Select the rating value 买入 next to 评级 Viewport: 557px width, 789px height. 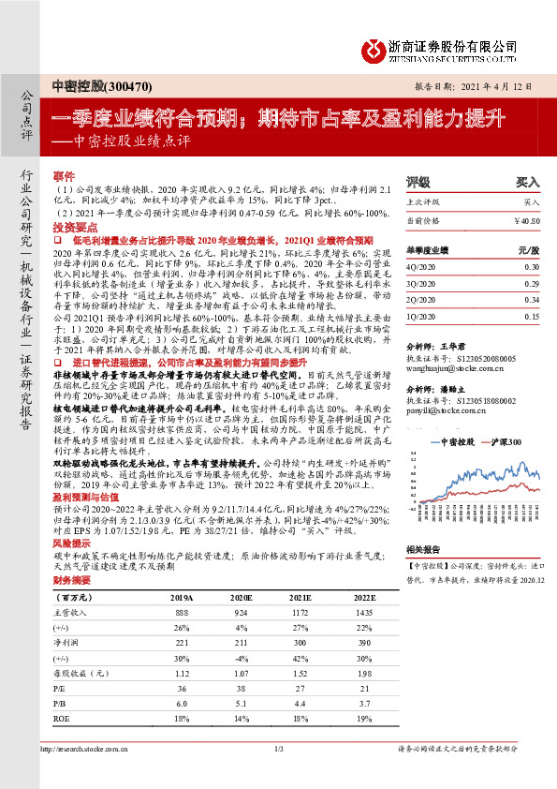(x=528, y=183)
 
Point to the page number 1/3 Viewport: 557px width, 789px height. (x=278, y=775)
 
